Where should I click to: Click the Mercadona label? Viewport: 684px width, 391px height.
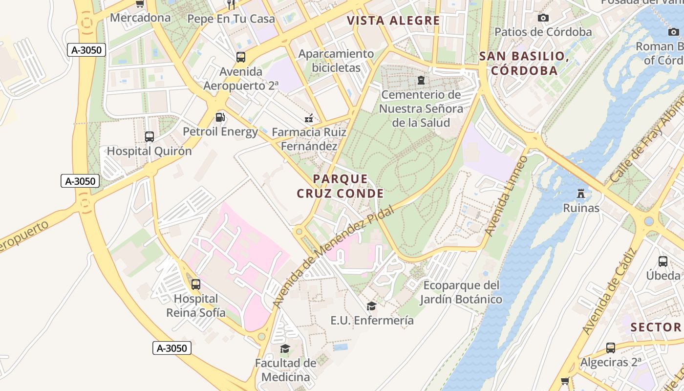click(140, 18)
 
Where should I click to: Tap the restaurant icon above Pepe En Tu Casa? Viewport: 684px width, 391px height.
click(231, 4)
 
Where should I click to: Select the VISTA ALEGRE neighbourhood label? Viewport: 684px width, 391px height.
click(393, 21)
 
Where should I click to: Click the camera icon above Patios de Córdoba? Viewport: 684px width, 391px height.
click(543, 18)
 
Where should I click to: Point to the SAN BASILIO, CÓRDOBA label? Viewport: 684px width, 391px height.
click(524, 63)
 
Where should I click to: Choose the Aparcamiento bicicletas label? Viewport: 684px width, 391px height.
click(336, 61)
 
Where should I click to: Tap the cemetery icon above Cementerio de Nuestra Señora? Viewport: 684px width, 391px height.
click(421, 80)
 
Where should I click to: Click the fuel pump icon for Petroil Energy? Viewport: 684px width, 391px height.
click(220, 117)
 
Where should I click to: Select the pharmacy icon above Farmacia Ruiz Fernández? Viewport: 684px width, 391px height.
click(309, 118)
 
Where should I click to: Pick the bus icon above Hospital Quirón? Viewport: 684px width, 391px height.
click(150, 137)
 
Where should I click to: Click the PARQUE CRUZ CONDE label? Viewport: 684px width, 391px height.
click(340, 186)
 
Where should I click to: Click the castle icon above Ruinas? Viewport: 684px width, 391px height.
click(581, 194)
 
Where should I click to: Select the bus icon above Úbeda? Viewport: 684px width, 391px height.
click(663, 261)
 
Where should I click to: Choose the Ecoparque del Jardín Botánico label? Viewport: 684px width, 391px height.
click(461, 292)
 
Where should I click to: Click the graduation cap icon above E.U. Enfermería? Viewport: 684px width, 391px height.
click(372, 306)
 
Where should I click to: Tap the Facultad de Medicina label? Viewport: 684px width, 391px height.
click(286, 370)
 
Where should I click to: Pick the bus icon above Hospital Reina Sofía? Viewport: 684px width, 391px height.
click(196, 284)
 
